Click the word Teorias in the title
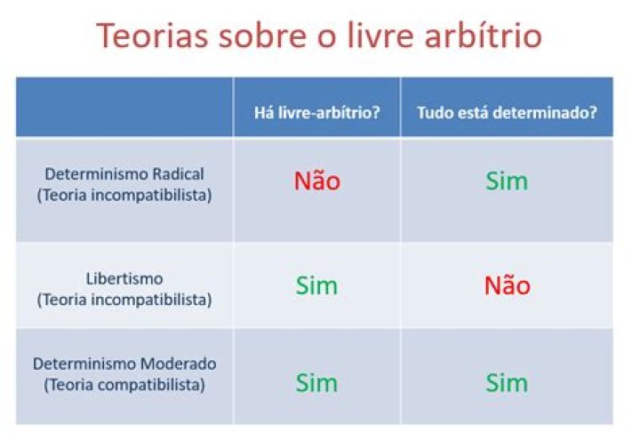[152, 36]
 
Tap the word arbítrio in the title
[484, 35]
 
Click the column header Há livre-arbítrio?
[316, 112]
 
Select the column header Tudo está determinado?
[507, 112]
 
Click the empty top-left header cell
[124, 107]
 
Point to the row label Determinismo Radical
[124, 174]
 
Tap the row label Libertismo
[124, 279]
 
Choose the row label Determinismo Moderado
[124, 364]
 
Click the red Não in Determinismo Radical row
[317, 180]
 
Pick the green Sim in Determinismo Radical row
[507, 180]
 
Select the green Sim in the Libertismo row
[316, 285]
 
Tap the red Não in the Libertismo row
[507, 284]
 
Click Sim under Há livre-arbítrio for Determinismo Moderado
[316, 383]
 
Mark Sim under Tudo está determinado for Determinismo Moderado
[507, 383]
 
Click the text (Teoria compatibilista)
[124, 385]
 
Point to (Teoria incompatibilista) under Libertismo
[124, 300]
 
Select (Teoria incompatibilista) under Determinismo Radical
[124, 195]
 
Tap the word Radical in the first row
[178, 174]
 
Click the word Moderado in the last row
[178, 364]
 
